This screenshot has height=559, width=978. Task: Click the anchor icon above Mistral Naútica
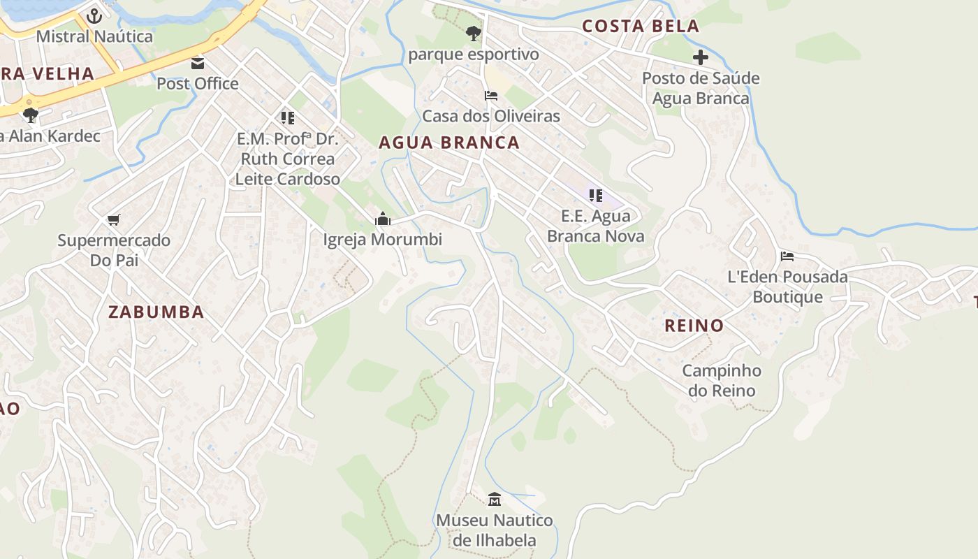(x=94, y=15)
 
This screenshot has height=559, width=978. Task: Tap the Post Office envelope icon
(x=198, y=64)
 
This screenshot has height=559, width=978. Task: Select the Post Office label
(x=198, y=84)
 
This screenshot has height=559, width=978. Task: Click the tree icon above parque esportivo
(x=474, y=33)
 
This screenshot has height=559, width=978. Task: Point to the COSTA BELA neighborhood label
(x=641, y=27)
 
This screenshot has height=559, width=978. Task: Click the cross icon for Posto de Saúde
(x=701, y=57)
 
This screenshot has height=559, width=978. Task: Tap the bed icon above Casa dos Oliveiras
(x=491, y=96)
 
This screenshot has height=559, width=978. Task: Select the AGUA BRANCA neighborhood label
(x=449, y=143)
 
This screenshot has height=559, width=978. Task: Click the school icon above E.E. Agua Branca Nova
(x=595, y=196)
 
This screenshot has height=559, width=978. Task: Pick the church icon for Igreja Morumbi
(x=382, y=219)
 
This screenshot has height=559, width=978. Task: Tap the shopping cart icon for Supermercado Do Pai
(x=114, y=220)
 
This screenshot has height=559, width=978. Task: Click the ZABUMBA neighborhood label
(x=156, y=312)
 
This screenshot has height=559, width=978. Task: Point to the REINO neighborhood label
(x=694, y=326)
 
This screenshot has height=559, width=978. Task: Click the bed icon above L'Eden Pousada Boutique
(x=787, y=256)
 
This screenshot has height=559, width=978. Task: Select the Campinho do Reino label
(x=722, y=381)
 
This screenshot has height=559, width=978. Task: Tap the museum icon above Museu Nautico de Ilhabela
(x=495, y=499)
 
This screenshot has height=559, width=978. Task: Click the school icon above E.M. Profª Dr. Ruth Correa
(x=287, y=118)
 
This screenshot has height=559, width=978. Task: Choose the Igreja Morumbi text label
(x=383, y=240)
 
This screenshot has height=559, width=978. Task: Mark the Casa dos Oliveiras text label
(x=491, y=116)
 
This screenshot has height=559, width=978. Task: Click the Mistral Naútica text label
(x=94, y=36)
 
